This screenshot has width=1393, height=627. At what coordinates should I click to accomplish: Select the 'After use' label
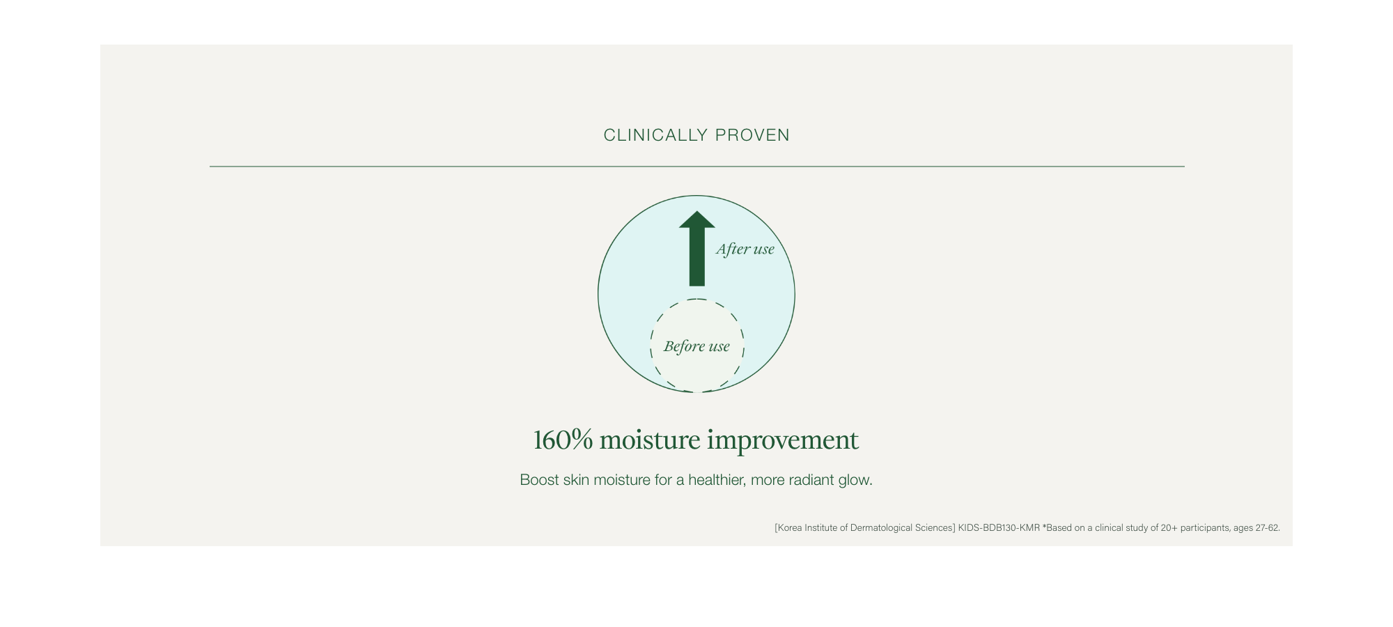745,249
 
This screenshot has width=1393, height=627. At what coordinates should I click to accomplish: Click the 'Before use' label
696,346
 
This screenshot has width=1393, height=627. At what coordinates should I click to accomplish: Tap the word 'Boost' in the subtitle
539,480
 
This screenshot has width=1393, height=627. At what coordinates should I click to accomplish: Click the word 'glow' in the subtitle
856,480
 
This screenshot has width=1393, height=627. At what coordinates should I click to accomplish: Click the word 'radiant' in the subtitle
811,480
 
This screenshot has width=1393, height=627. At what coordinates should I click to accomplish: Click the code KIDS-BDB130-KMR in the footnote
999,528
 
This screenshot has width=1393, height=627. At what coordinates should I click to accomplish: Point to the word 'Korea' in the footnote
790,528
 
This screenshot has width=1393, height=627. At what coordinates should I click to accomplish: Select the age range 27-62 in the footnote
1267,528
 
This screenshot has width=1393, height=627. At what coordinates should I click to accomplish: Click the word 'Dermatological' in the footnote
877,528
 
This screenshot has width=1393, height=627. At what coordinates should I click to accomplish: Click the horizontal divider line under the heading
696,167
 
